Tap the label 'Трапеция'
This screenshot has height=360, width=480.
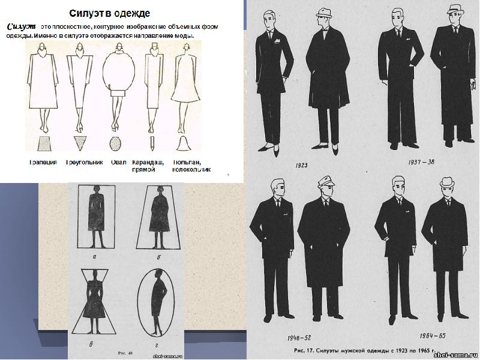(x=44, y=162)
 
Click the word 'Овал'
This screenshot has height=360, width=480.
(x=118, y=162)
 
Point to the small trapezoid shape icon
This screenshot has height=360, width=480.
(x=44, y=144)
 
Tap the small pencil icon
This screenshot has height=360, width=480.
(x=152, y=143)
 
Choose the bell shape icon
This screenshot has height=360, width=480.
(x=185, y=143)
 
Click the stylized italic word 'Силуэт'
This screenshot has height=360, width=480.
(x=22, y=27)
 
